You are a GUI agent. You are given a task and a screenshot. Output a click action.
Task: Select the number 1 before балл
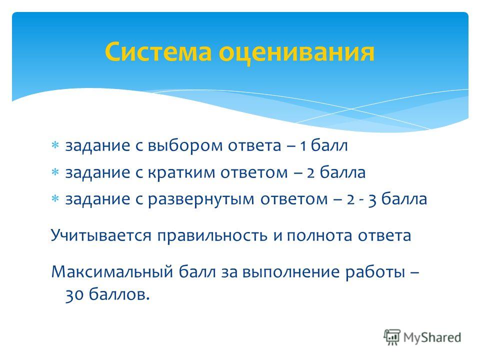tap(303, 145)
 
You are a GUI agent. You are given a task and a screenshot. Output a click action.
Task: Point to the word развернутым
tap(201, 199)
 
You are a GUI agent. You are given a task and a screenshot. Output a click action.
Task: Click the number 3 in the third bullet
tap(372, 200)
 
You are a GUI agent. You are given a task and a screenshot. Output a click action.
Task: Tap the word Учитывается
tap(101, 235)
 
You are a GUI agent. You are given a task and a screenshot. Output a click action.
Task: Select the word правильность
tap(212, 235)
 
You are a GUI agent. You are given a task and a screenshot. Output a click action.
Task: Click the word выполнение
tap(291, 272)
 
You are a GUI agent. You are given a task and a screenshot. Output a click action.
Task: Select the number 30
tap(74, 295)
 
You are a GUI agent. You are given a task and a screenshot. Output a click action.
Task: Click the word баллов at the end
tap(119, 295)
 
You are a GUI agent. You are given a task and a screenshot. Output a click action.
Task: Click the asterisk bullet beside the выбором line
tap(55, 145)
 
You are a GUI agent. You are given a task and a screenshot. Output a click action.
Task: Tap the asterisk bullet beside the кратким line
tap(55, 172)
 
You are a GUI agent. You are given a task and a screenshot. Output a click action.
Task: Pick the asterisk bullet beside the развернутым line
tap(55, 199)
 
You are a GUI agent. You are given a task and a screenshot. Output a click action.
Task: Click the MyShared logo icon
tap(392, 337)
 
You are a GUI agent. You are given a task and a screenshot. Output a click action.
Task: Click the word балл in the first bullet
tap(329, 145)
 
